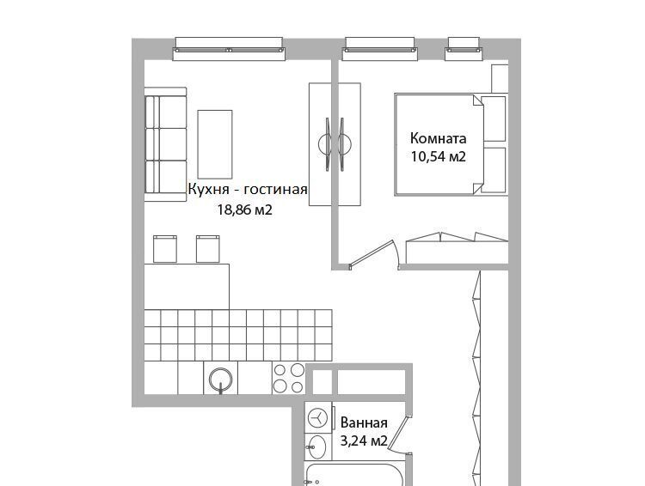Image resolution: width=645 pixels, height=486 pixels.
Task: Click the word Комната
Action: point(438,138)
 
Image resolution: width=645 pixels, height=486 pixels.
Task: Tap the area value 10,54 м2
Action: point(438,156)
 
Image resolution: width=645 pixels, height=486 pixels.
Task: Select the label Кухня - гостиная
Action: point(248,190)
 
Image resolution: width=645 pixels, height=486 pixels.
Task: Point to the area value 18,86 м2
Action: point(245,210)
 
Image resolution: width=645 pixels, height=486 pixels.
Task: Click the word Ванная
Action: point(364,422)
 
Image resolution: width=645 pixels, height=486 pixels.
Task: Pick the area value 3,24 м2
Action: point(364,441)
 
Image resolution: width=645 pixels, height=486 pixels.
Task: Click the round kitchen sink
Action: point(221,380)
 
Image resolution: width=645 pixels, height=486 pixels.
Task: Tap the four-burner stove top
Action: point(289,379)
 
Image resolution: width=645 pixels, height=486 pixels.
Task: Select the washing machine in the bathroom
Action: point(318,419)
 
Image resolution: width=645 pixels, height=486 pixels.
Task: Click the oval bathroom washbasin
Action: point(317,447)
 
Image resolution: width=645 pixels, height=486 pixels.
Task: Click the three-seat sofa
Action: point(165,144)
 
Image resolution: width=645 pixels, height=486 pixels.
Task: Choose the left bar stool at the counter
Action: point(165,249)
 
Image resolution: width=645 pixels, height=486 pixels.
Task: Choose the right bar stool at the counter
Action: point(208,249)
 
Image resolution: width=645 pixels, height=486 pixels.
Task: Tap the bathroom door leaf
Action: point(398,435)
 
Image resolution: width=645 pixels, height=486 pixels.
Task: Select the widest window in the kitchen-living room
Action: point(229,49)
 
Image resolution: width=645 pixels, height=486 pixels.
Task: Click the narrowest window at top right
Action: point(464,49)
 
